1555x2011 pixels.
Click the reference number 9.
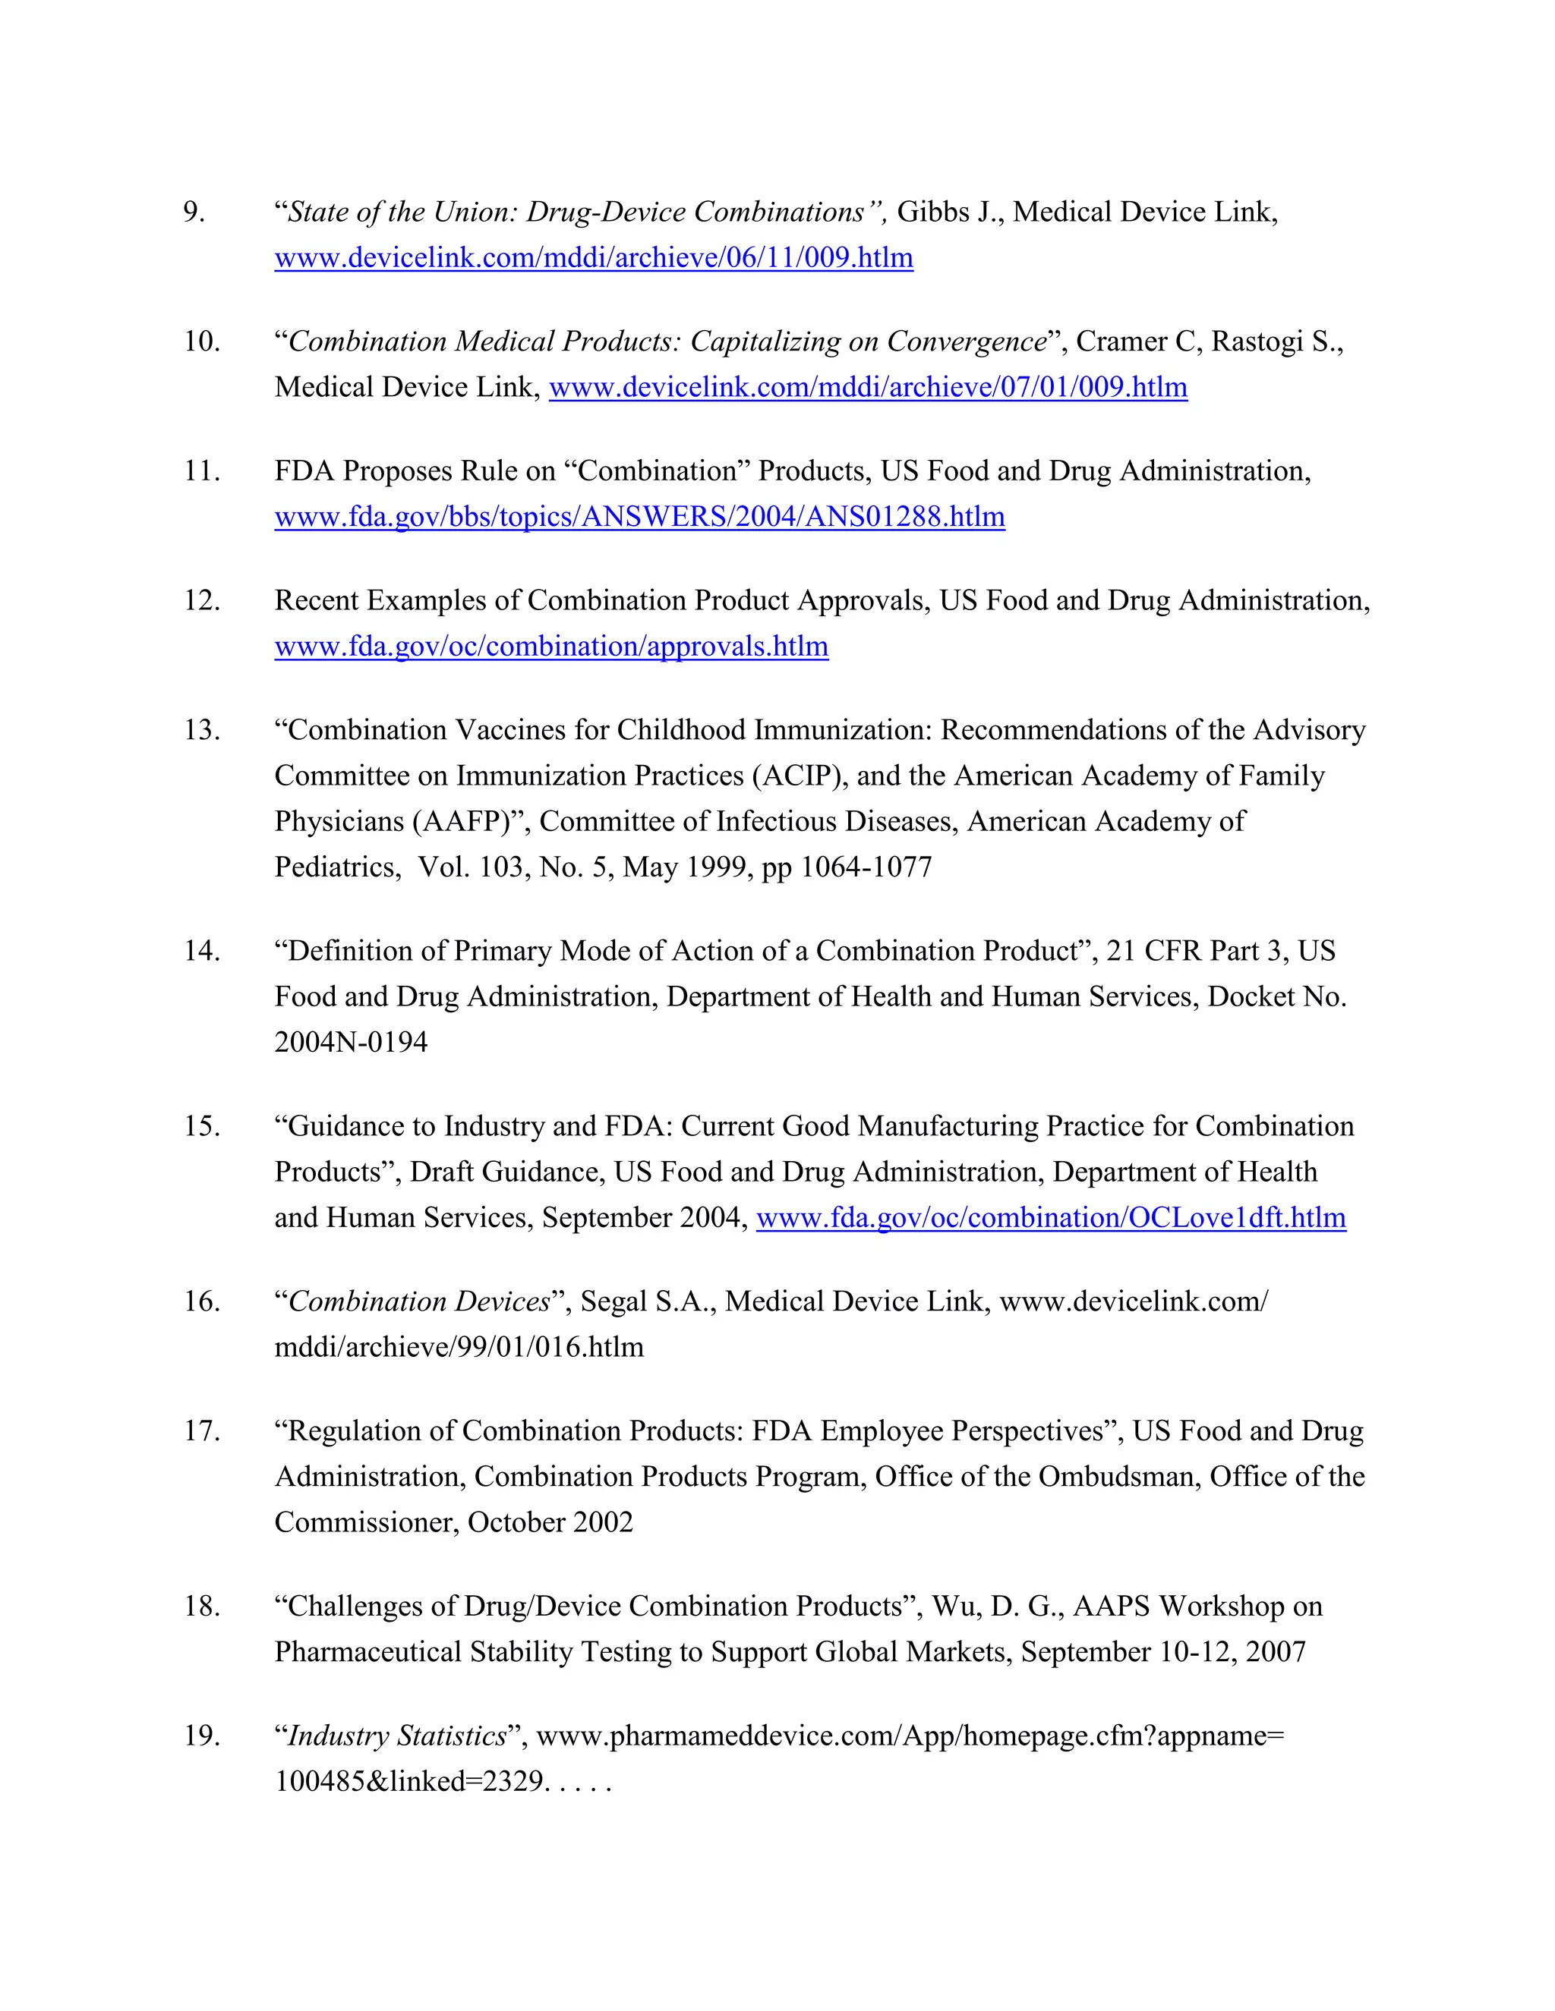click(x=194, y=212)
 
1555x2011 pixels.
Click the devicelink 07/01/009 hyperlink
click(x=868, y=388)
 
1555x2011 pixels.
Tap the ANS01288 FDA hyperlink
click(x=639, y=518)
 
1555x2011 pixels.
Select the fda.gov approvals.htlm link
click(x=551, y=647)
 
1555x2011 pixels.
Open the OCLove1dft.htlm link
click(x=1050, y=1218)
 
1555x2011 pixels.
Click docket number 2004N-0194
click(x=351, y=1043)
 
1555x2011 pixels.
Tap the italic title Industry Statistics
click(x=397, y=1736)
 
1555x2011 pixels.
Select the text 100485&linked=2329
click(x=409, y=1782)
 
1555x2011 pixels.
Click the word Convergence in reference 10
click(x=967, y=342)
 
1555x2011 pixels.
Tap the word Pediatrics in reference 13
click(x=333, y=867)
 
